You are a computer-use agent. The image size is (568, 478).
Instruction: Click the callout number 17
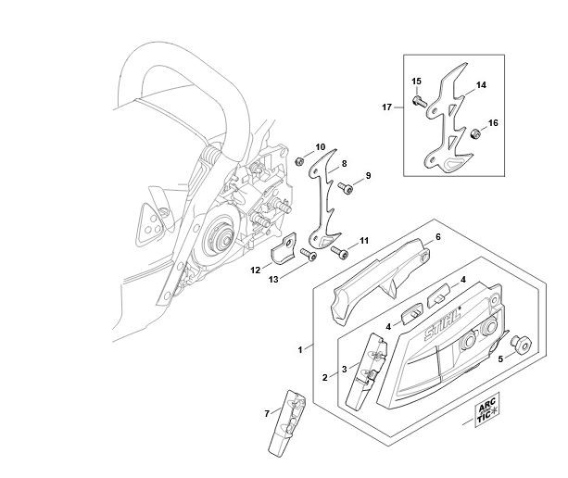point(387,107)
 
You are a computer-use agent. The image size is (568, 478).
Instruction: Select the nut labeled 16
point(474,134)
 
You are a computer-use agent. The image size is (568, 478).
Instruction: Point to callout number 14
point(481,85)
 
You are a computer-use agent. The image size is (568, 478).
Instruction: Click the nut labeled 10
point(299,161)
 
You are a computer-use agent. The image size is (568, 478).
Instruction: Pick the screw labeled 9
point(346,188)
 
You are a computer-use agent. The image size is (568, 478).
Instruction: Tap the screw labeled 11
point(340,252)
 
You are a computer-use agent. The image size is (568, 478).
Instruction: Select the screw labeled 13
point(309,255)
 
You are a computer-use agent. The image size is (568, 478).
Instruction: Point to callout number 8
point(344,164)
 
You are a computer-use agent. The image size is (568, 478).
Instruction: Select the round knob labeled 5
point(521,345)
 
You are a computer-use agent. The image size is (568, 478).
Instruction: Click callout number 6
point(438,237)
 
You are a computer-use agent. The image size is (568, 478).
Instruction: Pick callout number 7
point(267,413)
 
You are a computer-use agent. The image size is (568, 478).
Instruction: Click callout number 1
point(300,350)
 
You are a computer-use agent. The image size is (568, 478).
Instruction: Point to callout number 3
point(344,369)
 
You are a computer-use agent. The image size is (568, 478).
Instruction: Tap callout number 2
point(325,378)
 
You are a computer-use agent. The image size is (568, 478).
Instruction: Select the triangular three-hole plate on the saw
point(149,224)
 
